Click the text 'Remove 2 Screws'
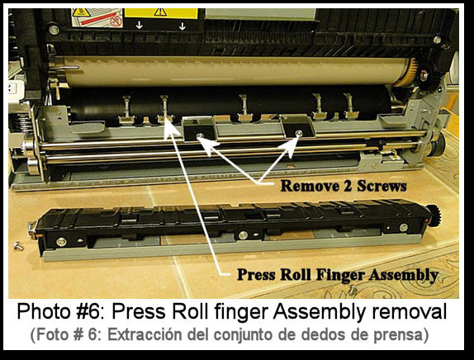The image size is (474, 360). (x=343, y=186)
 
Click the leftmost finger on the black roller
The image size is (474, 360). (x=126, y=105)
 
